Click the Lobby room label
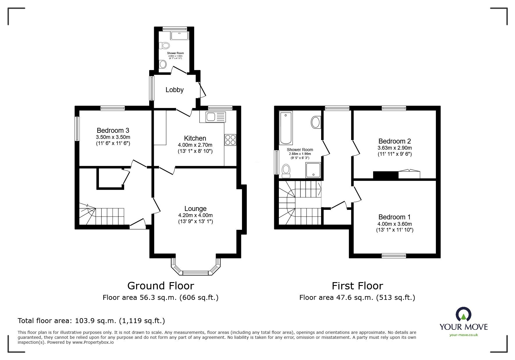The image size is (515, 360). [174, 90]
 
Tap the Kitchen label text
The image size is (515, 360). [195, 138]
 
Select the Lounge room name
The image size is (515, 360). [195, 209]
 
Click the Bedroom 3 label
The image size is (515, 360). [113, 130]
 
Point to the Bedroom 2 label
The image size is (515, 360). [395, 141]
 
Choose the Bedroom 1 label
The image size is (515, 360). [394, 217]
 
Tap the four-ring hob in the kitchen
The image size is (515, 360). [230, 140]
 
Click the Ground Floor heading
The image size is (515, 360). [161, 286]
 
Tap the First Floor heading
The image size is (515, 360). [357, 286]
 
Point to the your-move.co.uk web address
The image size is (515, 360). [464, 335]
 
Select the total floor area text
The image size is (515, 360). [91, 321]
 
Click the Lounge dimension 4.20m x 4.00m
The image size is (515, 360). [195, 215]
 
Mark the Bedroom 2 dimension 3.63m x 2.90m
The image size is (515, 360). [395, 148]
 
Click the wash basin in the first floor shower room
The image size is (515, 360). [316, 122]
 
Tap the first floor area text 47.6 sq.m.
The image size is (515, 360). [357, 298]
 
